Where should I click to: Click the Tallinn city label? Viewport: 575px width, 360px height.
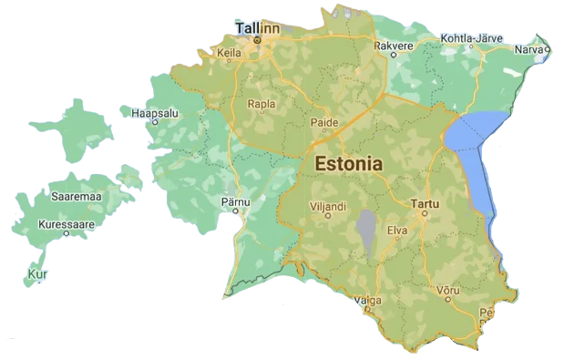pyautogui.click(x=256, y=28)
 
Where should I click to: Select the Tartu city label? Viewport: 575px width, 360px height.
pyautogui.click(x=425, y=203)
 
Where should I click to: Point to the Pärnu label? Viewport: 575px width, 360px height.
pyautogui.click(x=235, y=200)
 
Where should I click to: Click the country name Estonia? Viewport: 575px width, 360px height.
pyautogui.click(x=348, y=164)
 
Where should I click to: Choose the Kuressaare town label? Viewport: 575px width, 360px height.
pyautogui.click(x=66, y=222)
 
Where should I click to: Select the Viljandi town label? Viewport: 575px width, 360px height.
pyautogui.click(x=328, y=207)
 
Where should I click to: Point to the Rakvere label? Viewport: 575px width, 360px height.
pyautogui.click(x=394, y=43)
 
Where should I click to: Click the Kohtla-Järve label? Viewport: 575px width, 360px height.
pyautogui.click(x=472, y=37)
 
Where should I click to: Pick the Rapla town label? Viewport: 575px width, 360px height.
pyautogui.click(x=262, y=103)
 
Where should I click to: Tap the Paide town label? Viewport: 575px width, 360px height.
pyautogui.click(x=325, y=122)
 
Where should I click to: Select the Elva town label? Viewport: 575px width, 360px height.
pyautogui.click(x=398, y=231)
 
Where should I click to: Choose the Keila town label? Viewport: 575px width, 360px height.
pyautogui.click(x=229, y=54)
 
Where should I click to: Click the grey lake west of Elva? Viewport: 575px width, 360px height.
pyautogui.click(x=366, y=230)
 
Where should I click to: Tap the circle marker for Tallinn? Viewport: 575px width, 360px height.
pyautogui.click(x=258, y=40)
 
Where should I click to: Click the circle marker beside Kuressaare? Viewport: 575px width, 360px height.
pyautogui.click(x=67, y=233)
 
